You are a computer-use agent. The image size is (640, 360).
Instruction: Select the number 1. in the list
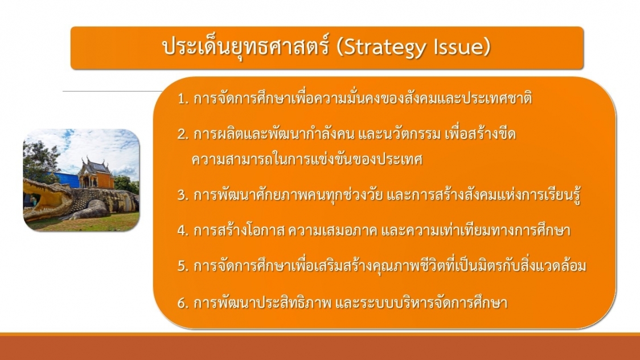[x=183, y=99]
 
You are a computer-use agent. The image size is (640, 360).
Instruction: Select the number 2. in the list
[x=183, y=134]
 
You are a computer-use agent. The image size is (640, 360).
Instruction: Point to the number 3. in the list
[x=183, y=195]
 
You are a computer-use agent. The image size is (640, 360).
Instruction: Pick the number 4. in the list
[x=183, y=231]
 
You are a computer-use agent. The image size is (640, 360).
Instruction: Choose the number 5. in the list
[x=183, y=266]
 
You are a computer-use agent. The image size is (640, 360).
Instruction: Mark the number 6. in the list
[x=183, y=303]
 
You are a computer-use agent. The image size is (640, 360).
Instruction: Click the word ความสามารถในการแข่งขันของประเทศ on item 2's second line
[x=307, y=159]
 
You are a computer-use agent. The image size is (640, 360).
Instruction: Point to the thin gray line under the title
[x=112, y=91]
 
